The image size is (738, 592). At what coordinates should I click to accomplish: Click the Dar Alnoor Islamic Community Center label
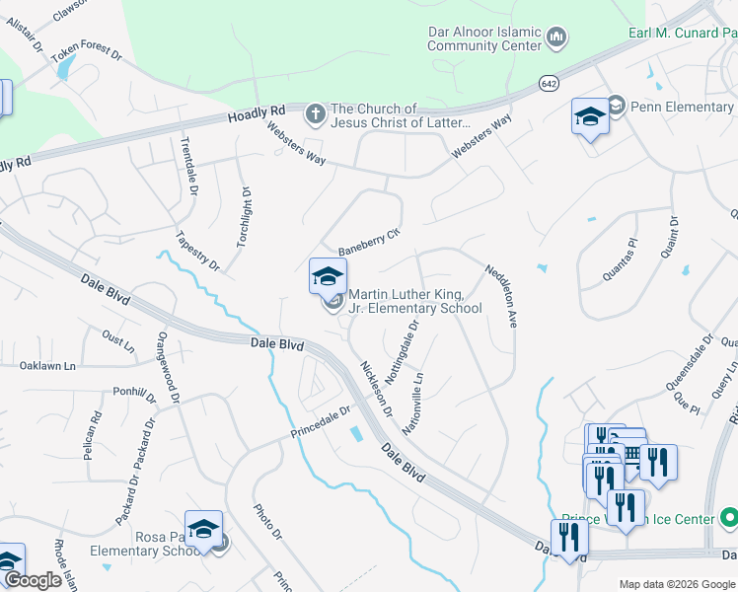pyautogui.click(x=483, y=38)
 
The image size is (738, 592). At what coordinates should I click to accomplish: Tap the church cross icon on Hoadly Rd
pyautogui.click(x=316, y=114)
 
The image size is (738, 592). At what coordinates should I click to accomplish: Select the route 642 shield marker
pyautogui.click(x=548, y=84)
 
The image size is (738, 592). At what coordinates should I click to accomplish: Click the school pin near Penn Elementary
pyautogui.click(x=590, y=117)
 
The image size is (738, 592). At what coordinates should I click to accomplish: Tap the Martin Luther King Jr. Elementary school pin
pyautogui.click(x=328, y=277)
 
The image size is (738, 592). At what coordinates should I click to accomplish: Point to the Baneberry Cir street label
pyautogui.click(x=366, y=242)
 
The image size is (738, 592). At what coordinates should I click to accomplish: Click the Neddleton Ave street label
pyautogui.click(x=500, y=294)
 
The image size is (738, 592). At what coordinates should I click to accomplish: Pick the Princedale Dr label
pyautogui.click(x=321, y=422)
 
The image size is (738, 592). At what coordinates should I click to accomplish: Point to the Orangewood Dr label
pyautogui.click(x=165, y=367)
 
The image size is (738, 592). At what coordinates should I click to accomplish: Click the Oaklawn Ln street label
pyautogui.click(x=47, y=366)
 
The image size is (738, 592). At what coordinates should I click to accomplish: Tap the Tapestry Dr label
pyautogui.click(x=197, y=252)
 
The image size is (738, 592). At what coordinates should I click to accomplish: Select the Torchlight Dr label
pyautogui.click(x=243, y=218)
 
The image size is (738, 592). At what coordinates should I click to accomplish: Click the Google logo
pyautogui.click(x=33, y=580)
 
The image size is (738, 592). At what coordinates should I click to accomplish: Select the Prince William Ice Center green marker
pyautogui.click(x=728, y=518)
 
